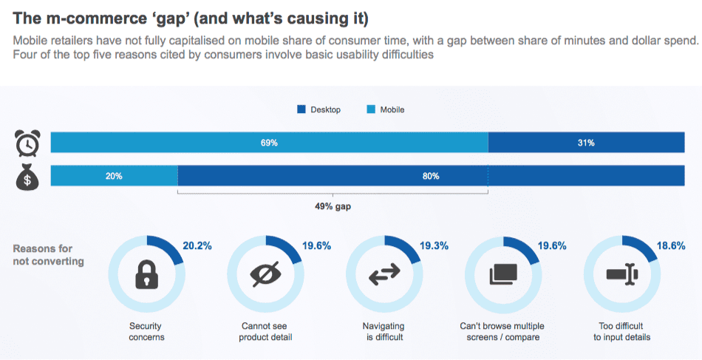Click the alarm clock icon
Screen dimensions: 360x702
(x=27, y=143)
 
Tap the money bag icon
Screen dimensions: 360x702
(x=27, y=177)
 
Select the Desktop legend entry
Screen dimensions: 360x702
(x=318, y=109)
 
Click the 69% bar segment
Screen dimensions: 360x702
(x=269, y=143)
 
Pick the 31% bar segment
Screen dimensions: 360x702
(x=586, y=143)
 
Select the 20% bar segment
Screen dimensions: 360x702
(x=114, y=177)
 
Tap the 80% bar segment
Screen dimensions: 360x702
(x=431, y=177)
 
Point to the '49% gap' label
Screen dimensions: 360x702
(x=333, y=206)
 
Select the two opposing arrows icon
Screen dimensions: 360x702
(x=384, y=275)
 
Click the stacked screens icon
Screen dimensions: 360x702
(x=502, y=275)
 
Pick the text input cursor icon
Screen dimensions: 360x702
(x=621, y=275)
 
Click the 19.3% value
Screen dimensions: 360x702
(x=435, y=246)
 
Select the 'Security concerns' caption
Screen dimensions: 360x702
(x=146, y=331)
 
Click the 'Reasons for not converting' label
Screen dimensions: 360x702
(x=48, y=255)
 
